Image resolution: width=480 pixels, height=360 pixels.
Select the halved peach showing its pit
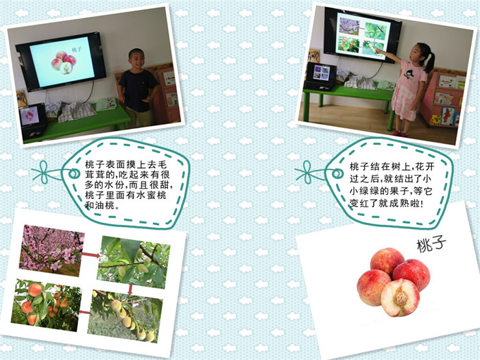[x=400, y=298]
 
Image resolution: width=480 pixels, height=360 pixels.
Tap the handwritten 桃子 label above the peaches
[x=431, y=245]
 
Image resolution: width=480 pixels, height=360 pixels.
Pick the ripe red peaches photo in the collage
[x=46, y=305]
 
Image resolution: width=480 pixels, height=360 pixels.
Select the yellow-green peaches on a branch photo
[x=125, y=316]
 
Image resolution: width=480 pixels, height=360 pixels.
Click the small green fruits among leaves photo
[x=134, y=262]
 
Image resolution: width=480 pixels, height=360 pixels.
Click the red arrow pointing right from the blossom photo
[x=91, y=254]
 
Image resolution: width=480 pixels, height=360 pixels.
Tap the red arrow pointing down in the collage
[x=130, y=289]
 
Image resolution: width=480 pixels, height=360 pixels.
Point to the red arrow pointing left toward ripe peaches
[x=84, y=312]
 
